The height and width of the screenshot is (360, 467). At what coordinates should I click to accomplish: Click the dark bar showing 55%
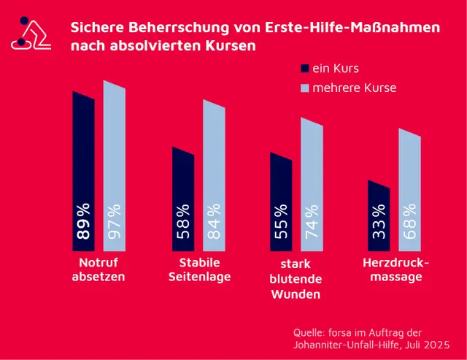coord(281,201)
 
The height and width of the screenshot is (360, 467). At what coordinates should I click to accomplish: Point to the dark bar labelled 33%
coord(379,215)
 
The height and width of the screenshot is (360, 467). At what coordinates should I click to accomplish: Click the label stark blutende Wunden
coord(296,279)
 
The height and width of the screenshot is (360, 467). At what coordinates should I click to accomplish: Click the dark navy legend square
coord(305,69)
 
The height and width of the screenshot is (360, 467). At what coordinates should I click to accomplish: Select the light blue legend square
coord(305,88)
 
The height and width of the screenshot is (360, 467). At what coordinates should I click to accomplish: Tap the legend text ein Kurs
coord(336,69)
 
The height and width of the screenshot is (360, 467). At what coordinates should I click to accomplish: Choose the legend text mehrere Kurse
coord(355,88)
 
